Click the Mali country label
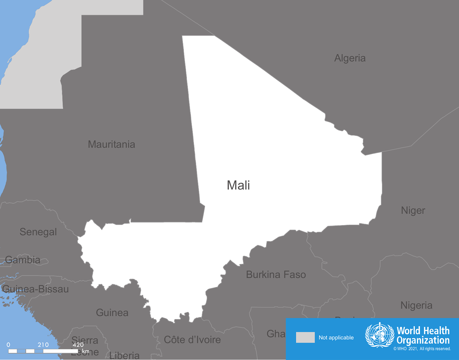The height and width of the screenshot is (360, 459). point(238,185)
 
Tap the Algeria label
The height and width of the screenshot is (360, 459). point(350,58)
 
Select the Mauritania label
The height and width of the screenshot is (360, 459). point(112,144)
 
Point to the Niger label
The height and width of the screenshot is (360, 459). point(413,210)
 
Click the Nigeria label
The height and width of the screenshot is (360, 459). point(416,305)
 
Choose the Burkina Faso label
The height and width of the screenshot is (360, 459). point(276,275)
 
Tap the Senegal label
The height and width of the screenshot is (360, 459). point(38,232)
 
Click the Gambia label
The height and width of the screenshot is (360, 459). point(23,260)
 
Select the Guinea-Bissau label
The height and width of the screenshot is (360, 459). point(35,289)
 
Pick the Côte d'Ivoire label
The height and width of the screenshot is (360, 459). point(192,340)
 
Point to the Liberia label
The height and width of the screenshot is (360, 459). point(124,355)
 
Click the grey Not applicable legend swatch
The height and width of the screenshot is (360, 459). point(305,337)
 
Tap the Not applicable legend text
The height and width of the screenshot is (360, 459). point(336,338)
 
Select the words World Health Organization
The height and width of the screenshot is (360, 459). point(423,335)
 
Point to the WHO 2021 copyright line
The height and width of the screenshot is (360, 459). point(422,349)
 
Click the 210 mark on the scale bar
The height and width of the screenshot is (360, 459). point(43,345)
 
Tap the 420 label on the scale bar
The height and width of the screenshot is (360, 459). point(78,345)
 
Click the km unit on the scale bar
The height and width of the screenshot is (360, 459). point(85,351)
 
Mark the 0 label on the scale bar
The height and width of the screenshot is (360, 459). point(8,345)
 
